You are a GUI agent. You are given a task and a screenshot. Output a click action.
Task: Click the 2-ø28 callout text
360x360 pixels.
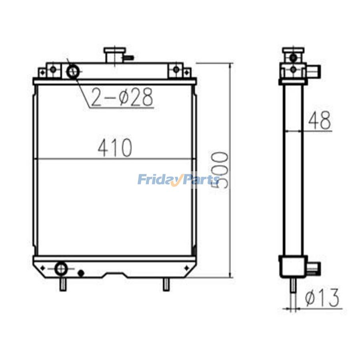click(x=122, y=98)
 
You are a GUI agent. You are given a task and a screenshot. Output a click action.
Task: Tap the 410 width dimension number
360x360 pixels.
click(x=115, y=148)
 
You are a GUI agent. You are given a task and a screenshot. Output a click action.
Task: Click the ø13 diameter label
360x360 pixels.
click(x=322, y=298)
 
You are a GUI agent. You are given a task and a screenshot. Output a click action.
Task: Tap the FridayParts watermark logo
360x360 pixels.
click(x=178, y=180)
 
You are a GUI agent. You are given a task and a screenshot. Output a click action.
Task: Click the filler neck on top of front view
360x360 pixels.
click(x=114, y=54)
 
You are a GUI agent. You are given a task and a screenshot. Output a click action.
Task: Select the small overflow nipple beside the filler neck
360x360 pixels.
click(x=128, y=58)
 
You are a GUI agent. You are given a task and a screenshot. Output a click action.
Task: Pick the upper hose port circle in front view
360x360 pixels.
click(x=73, y=72)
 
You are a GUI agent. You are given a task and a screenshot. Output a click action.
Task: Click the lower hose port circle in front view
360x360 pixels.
click(x=61, y=268)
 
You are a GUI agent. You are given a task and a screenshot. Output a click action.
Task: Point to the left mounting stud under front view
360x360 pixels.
click(x=62, y=284)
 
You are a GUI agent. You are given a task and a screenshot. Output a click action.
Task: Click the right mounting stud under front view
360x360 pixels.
click(x=166, y=284)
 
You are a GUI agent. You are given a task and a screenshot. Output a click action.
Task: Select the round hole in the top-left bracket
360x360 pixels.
click(x=53, y=69)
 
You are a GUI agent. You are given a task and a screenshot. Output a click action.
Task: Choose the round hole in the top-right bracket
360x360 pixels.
click(x=176, y=69)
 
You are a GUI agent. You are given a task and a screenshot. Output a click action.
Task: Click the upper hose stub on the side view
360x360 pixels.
click(x=314, y=72)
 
